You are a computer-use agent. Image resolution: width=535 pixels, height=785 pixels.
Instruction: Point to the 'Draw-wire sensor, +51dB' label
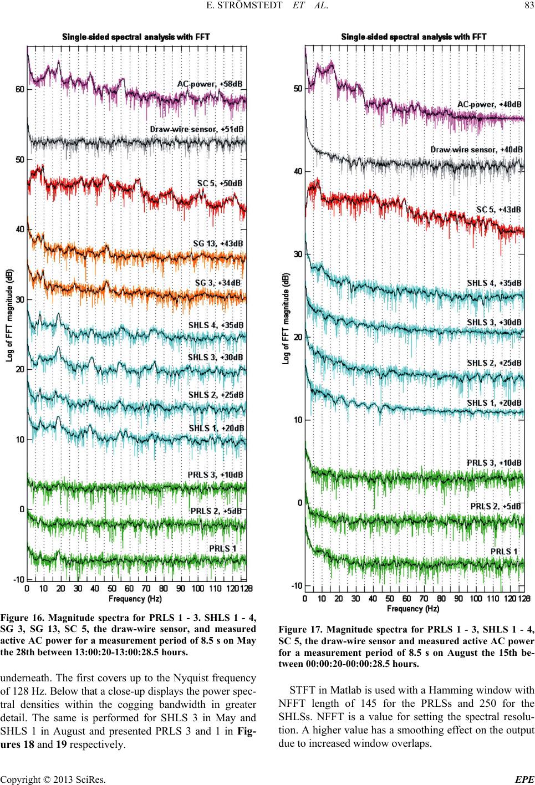(x=197, y=129)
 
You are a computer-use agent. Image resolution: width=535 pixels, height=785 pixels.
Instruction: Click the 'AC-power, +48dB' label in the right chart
(x=489, y=104)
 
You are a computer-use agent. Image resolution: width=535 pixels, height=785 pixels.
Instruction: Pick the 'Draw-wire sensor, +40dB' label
(x=477, y=149)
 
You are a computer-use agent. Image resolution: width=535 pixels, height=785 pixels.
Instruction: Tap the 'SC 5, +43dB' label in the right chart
(x=499, y=210)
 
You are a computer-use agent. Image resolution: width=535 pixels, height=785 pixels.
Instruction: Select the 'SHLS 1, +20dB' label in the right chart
(x=493, y=402)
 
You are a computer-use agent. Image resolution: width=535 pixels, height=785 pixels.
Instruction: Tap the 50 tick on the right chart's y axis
(x=297, y=89)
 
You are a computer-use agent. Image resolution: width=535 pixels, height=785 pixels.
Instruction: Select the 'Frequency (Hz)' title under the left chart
(x=135, y=599)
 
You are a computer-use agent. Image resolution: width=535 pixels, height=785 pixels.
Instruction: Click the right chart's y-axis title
(x=286, y=318)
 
